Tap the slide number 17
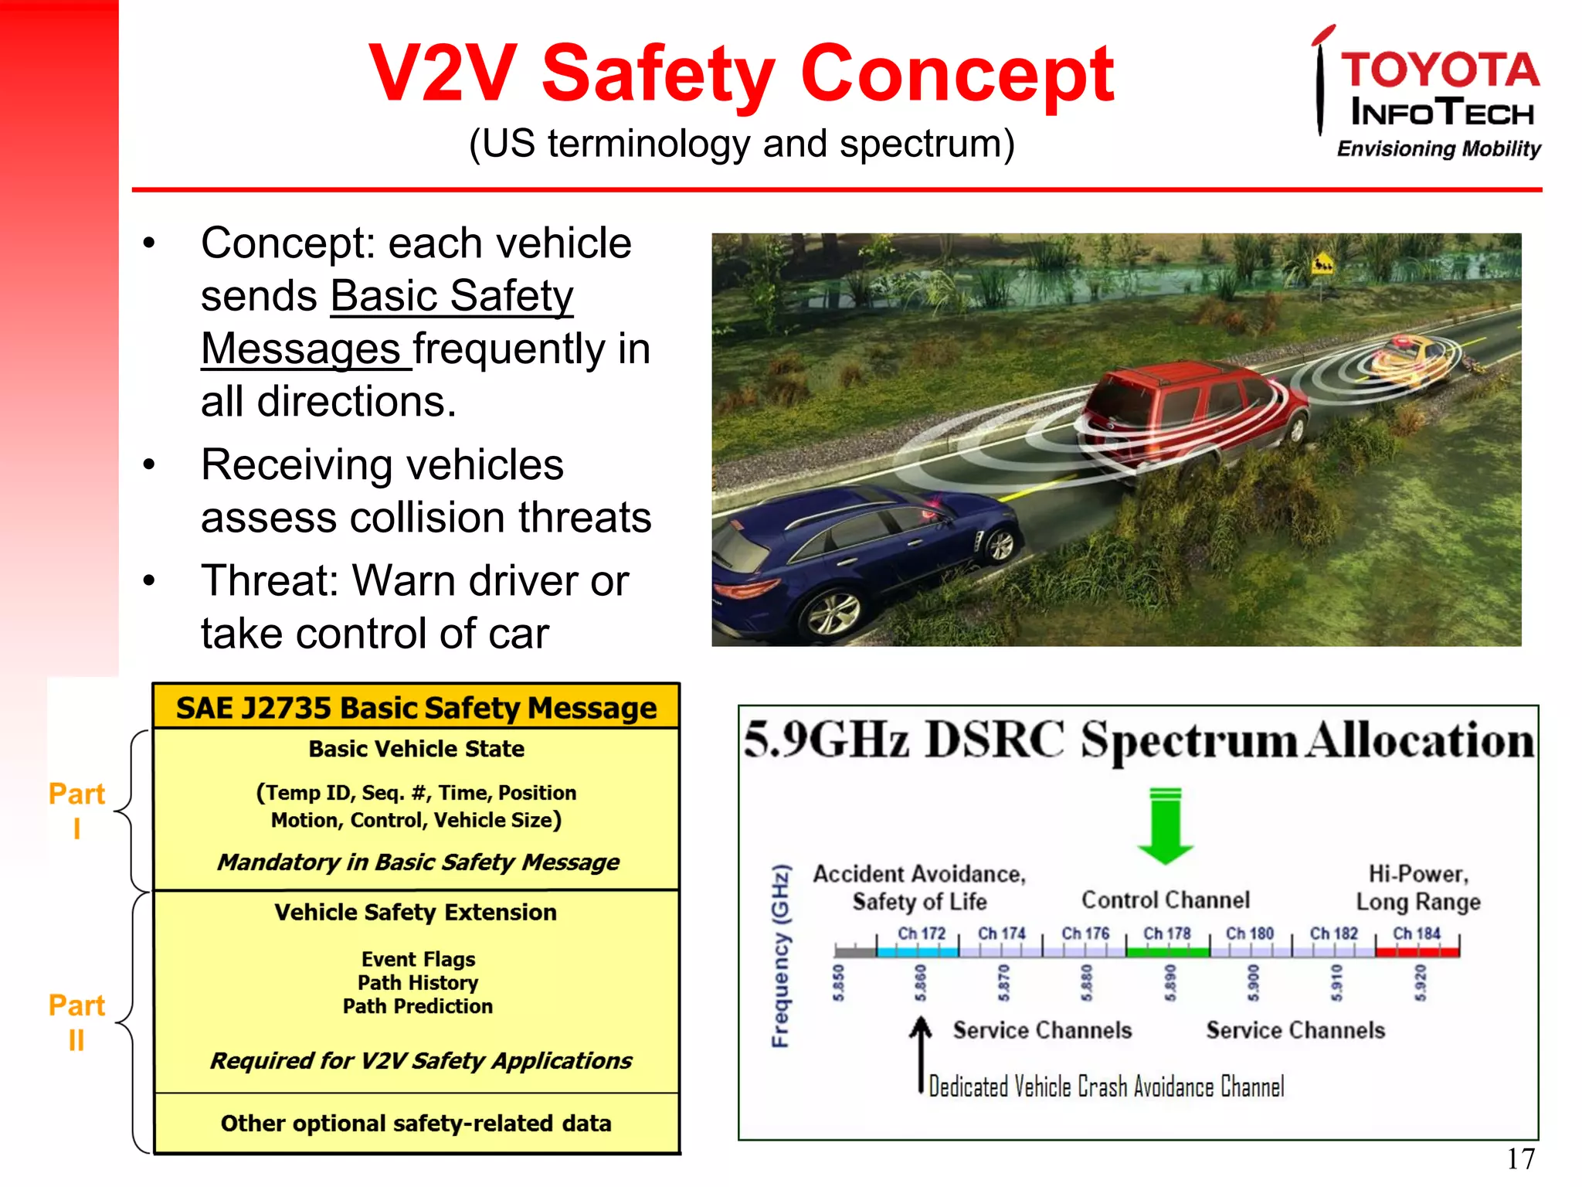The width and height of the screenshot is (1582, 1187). click(1520, 1158)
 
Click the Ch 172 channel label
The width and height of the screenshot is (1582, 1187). click(921, 934)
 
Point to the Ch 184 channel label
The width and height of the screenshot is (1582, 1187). click(1416, 934)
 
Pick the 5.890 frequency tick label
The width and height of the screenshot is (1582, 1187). click(1170, 982)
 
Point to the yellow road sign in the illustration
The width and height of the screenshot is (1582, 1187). click(1322, 265)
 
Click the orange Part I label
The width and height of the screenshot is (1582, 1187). click(76, 810)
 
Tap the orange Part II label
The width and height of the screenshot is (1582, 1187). click(76, 1022)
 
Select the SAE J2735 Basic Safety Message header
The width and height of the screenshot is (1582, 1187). click(416, 708)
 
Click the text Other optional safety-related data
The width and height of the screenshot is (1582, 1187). click(416, 1123)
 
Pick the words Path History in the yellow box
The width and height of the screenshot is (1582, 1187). click(418, 982)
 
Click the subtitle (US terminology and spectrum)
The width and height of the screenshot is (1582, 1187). click(742, 144)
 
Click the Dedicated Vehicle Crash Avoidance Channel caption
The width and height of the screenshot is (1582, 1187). click(1106, 1087)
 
